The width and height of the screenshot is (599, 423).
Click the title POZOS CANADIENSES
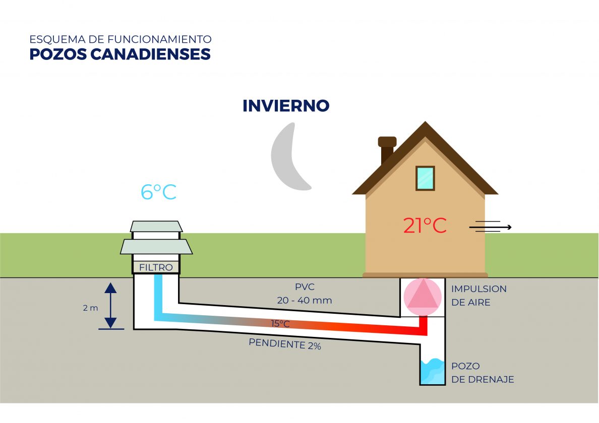[120, 54]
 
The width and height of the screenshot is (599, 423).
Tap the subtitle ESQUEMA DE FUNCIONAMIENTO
[120, 39]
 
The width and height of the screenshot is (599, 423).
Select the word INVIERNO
[286, 106]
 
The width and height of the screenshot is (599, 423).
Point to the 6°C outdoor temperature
[158, 192]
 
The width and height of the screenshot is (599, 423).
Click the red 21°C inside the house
[425, 226]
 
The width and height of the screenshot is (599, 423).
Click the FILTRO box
[156, 267]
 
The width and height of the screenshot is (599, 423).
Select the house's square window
[425, 178]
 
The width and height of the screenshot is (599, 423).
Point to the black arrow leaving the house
[490, 228]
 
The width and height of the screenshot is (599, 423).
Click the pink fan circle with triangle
[422, 297]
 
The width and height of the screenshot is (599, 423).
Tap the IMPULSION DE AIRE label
[478, 296]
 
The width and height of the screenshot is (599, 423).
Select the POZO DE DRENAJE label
[482, 373]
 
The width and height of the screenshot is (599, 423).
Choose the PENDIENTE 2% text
[284, 345]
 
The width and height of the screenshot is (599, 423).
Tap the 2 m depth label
[91, 308]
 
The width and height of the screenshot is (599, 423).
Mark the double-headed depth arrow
[111, 305]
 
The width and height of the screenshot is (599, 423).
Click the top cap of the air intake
[156, 226]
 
